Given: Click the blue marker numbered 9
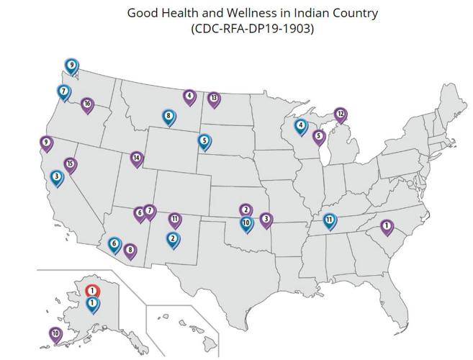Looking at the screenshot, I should point(71,66).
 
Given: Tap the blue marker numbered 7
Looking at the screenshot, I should point(64,92).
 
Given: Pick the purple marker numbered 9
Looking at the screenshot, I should point(47,143).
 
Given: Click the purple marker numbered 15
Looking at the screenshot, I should point(70,165).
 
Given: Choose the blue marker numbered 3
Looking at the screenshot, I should point(57,176).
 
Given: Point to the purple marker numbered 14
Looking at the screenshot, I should point(137,158).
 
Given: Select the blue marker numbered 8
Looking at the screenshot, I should point(168,116).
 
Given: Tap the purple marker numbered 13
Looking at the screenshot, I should point(213,99).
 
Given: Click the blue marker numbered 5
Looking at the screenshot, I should point(204,141).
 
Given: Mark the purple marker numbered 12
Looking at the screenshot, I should point(341,114).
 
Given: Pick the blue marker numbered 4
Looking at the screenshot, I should point(300,126).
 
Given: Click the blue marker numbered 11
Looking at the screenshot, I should point(329,220).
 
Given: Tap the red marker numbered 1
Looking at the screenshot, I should point(92,290).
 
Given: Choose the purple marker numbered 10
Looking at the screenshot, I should point(55,334).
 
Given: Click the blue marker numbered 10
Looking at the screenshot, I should point(246,223).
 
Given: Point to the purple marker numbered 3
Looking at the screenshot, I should point(266,219).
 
